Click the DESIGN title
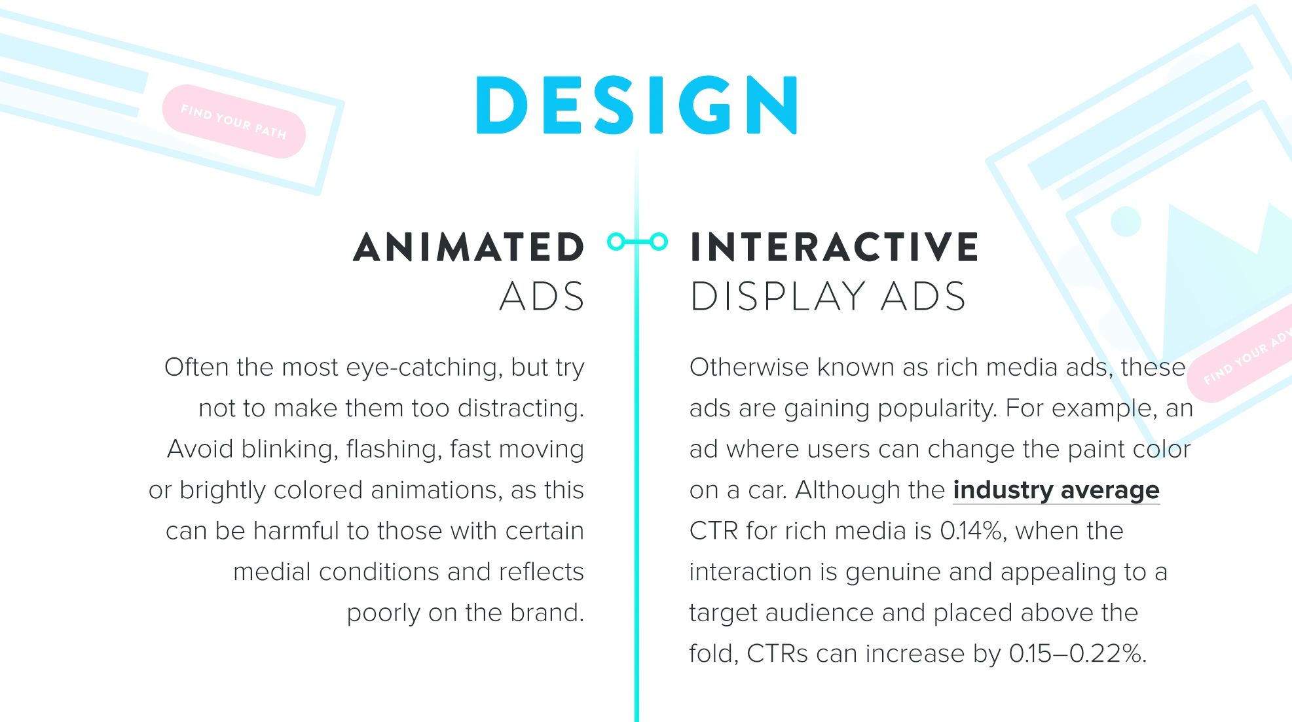637,105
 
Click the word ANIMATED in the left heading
469,247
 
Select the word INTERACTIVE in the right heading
834,247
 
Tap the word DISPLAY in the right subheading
778,297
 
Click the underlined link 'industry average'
1056,490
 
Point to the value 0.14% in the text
971,531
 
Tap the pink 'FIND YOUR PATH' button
234,122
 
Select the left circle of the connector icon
616,242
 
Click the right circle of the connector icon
659,242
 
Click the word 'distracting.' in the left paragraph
521,408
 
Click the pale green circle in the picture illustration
1126,221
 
